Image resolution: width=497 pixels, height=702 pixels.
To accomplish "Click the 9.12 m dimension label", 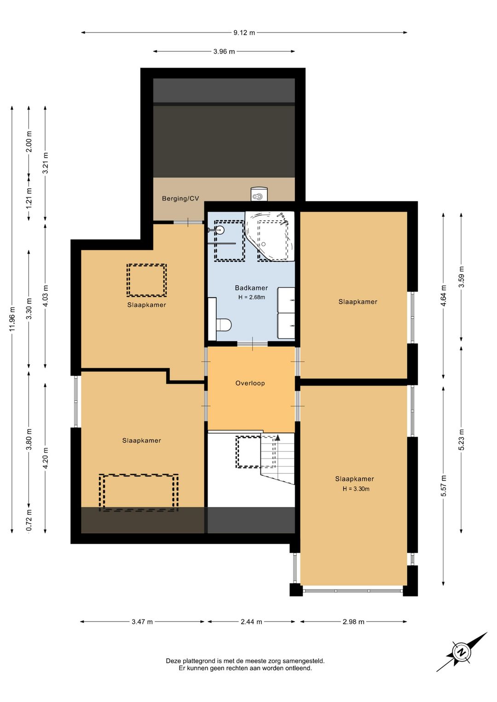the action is [244, 32].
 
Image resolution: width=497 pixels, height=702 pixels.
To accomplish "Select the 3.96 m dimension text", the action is [224, 52].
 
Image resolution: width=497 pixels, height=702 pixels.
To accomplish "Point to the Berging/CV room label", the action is [180, 198].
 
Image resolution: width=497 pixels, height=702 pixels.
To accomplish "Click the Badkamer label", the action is [251, 288].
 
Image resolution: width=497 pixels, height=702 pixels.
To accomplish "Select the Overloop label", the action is [250, 383].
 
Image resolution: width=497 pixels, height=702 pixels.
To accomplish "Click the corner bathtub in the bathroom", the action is [270, 236].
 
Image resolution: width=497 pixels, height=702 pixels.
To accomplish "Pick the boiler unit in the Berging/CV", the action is [259, 194].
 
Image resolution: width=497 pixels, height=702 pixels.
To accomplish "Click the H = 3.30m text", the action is [356, 489].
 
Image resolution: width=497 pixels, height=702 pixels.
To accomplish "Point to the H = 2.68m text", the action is [251, 297].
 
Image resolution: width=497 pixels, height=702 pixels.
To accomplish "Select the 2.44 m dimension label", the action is [251, 622].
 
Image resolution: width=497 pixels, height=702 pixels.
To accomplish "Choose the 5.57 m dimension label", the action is [443, 486].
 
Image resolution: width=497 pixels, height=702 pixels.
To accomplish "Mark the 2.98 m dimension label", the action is [353, 622].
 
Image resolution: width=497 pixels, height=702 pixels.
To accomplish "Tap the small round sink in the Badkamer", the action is [220, 230].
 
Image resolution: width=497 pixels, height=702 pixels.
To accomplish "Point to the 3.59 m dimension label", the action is [461, 276].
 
